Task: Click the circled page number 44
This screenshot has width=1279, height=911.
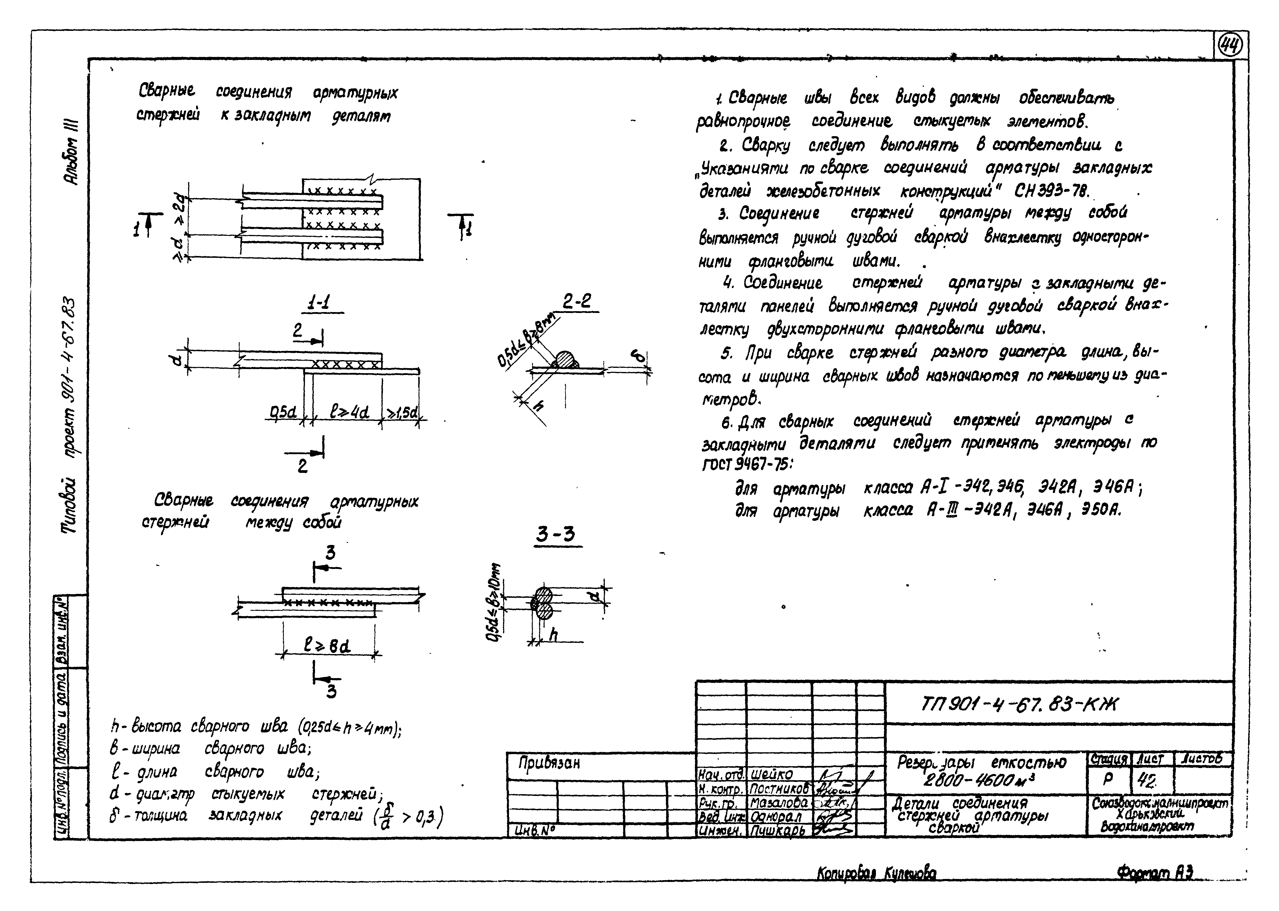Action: (x=1230, y=46)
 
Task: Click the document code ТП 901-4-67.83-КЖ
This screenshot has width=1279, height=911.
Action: (x=1018, y=703)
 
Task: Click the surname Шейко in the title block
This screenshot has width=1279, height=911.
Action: (x=771, y=774)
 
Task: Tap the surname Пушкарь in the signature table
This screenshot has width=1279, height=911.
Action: (x=779, y=831)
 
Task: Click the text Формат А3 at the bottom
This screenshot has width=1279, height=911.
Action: (x=1154, y=872)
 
